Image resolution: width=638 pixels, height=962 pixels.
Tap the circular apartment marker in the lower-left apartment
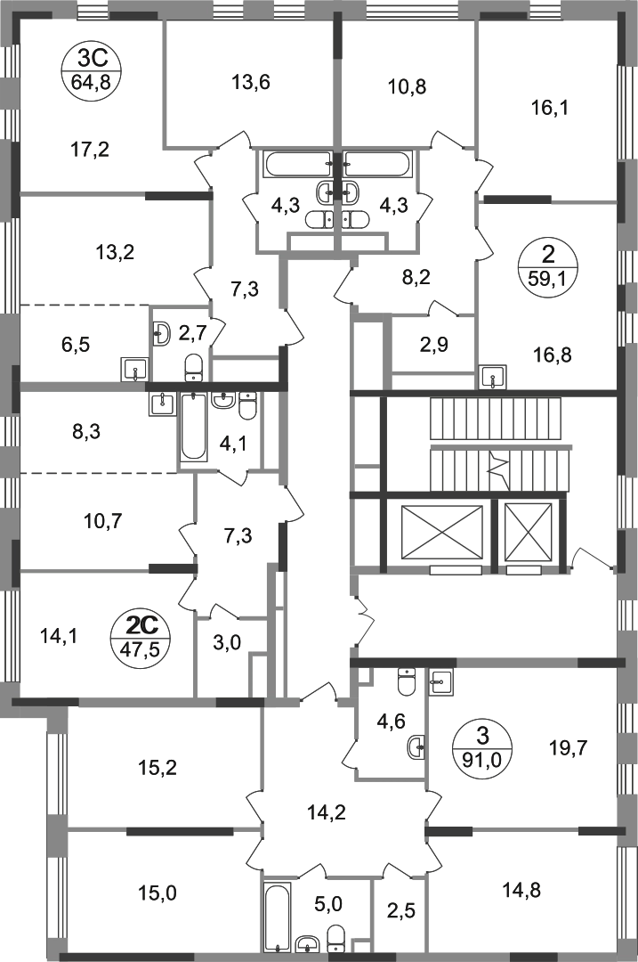coord(137,637)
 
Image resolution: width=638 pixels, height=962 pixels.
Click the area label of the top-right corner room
coord(551,110)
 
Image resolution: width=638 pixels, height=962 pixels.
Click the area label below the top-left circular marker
coord(93,148)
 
